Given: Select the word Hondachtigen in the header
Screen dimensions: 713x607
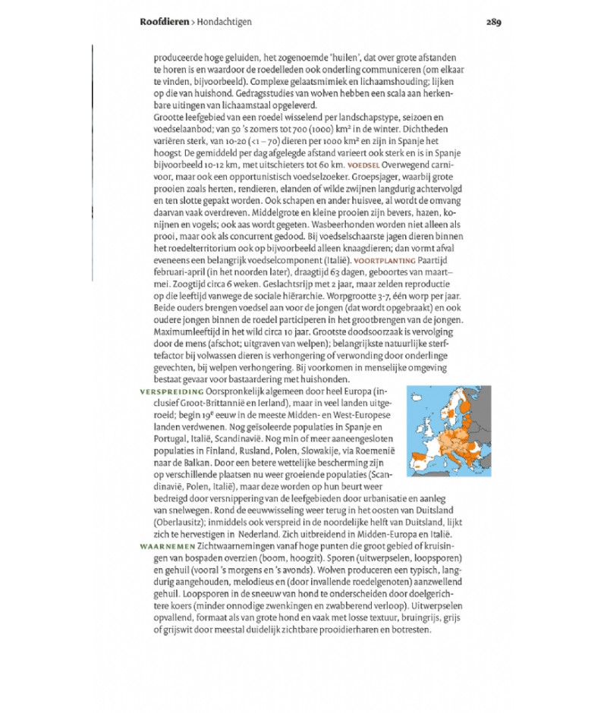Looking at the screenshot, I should (x=224, y=22).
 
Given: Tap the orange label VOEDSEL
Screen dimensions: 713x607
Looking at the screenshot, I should (x=363, y=165).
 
